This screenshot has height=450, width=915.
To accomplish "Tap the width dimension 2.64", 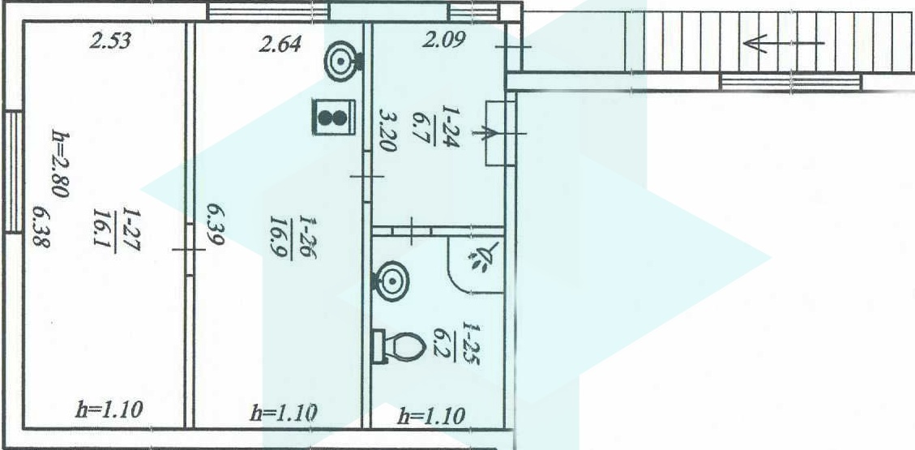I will click(x=280, y=43).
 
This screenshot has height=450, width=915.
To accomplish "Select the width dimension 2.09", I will click(x=444, y=38).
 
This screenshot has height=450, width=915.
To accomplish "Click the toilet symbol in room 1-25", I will click(x=400, y=347).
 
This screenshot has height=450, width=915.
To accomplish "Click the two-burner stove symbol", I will click(x=334, y=115).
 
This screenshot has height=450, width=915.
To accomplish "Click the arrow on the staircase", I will click(x=782, y=43).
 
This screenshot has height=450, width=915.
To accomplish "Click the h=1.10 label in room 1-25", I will click(x=431, y=417).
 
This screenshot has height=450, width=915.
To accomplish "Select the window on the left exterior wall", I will click(x=13, y=172).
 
